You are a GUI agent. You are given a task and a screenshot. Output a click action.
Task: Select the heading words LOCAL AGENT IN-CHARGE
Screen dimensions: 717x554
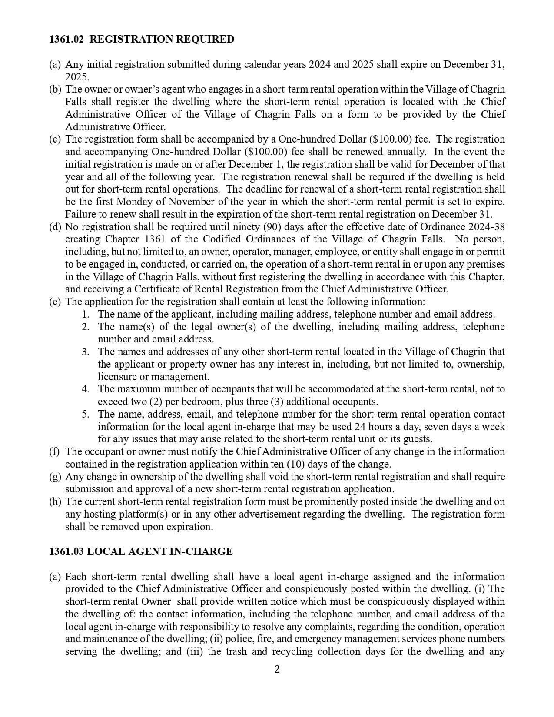coord(160,551)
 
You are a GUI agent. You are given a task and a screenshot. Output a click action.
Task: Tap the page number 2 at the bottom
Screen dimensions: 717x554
coord(277,669)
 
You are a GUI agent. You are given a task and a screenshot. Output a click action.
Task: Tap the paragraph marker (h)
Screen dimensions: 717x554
coord(55,501)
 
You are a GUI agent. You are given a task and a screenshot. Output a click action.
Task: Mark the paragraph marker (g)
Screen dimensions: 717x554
coord(55,477)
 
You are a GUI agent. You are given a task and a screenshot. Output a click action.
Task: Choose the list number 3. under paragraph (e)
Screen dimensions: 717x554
coord(86,352)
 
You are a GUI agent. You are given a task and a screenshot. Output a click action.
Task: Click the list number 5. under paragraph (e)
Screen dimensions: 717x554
coord(86,414)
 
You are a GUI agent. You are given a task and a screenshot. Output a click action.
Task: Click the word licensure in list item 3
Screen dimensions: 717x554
coord(116,377)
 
